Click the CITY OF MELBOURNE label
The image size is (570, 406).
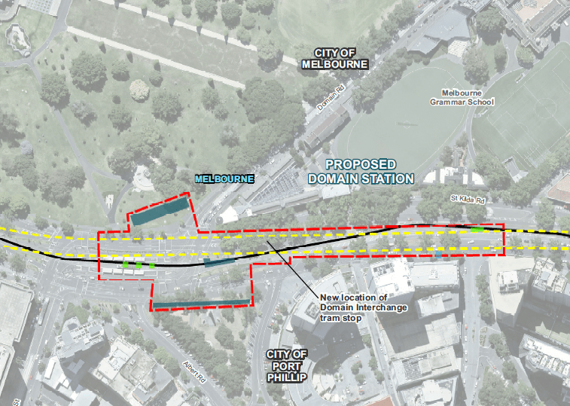click(334, 58)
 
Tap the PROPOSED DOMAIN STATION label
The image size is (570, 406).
click(361, 171)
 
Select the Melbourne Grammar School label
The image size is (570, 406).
click(462, 96)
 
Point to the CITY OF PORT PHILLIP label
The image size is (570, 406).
click(287, 365)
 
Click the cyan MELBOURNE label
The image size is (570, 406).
click(224, 179)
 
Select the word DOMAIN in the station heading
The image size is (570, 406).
click(336, 179)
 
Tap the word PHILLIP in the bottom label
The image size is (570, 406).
click(287, 377)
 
